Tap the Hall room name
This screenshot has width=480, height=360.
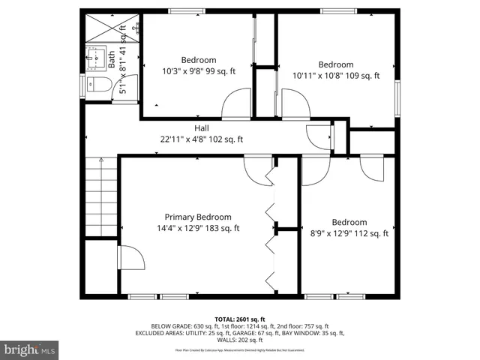click(202, 128)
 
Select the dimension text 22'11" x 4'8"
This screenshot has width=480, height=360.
click(202, 139)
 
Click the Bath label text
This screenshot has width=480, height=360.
click(111, 59)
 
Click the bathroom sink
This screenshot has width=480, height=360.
click(96, 56)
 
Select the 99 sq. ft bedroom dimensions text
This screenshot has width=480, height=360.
click(198, 72)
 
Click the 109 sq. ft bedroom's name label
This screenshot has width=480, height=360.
click(335, 64)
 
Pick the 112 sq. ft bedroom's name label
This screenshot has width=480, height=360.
click(349, 222)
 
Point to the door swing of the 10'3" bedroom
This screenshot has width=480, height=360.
click(237, 103)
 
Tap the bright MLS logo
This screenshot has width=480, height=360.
click(30, 349)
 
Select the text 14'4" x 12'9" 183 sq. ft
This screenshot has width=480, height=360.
click(198, 229)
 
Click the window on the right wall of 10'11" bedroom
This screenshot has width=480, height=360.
click(397, 94)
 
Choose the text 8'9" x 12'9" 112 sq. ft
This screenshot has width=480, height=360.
click(349, 233)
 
